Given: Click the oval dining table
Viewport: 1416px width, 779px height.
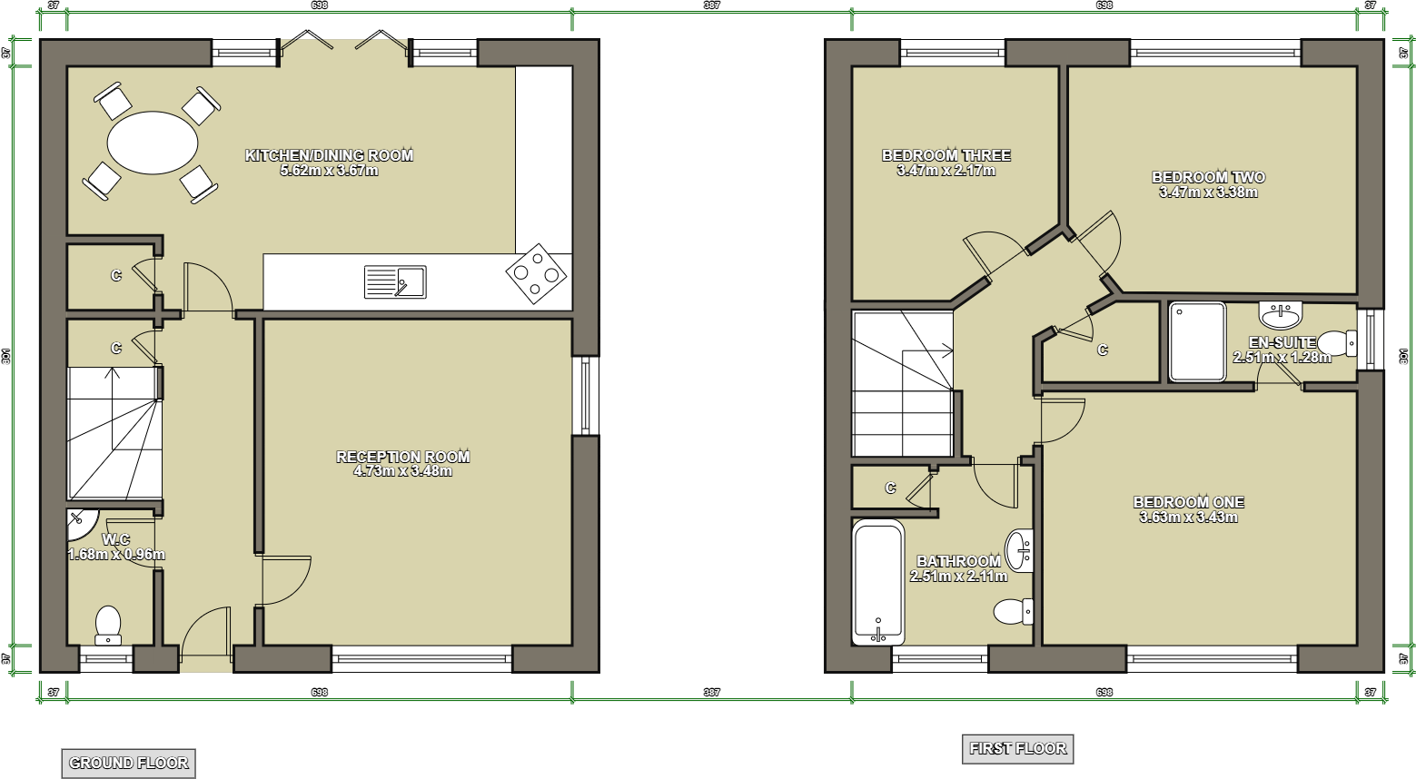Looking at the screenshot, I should tap(153, 143).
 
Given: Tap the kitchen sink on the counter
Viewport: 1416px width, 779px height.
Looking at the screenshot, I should tap(395, 281).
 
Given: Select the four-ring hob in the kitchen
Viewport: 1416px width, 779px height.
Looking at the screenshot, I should tap(537, 272).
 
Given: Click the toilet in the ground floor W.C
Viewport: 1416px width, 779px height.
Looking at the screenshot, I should tap(108, 626).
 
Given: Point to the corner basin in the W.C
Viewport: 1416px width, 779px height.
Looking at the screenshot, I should tap(80, 519).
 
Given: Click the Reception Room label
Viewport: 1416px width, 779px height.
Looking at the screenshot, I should tap(403, 457).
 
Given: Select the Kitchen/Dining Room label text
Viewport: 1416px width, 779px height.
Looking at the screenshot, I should tap(329, 155).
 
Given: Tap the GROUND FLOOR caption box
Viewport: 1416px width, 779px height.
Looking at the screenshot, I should tap(128, 764).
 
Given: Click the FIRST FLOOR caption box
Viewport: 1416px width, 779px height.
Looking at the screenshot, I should tap(1017, 749).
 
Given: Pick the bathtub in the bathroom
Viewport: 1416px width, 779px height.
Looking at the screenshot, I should tap(878, 582).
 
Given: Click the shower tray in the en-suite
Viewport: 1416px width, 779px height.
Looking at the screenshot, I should tap(1197, 341).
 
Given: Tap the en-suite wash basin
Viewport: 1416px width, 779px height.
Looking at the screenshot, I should tap(1281, 314).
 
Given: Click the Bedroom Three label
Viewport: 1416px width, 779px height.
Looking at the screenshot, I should tap(946, 155).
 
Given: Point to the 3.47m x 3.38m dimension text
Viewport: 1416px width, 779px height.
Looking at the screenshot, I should tap(1208, 192).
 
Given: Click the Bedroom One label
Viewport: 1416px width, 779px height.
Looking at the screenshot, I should tap(1188, 502).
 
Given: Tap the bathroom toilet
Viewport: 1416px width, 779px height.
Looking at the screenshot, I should tap(1013, 611).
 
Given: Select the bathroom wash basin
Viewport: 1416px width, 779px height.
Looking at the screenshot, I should tap(1021, 549).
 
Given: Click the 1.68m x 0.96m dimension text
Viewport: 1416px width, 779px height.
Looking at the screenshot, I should tap(116, 555).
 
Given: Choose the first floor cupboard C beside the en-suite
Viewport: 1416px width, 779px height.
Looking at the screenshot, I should tap(1103, 350).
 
